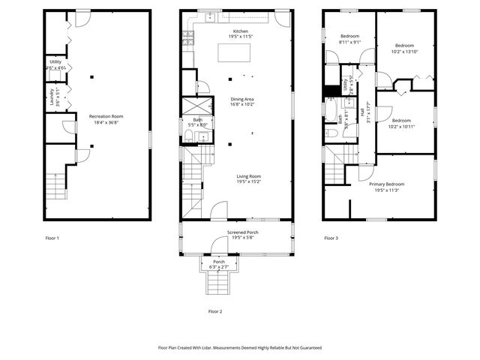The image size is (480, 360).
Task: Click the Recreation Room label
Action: [106, 116]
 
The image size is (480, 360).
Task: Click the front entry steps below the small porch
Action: [219, 286]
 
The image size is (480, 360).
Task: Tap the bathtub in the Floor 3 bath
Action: [331, 111]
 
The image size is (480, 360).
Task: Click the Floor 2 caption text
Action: [215, 310]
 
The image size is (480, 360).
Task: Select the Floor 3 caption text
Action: [331, 238]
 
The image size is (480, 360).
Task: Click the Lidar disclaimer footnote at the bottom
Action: [239, 347]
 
